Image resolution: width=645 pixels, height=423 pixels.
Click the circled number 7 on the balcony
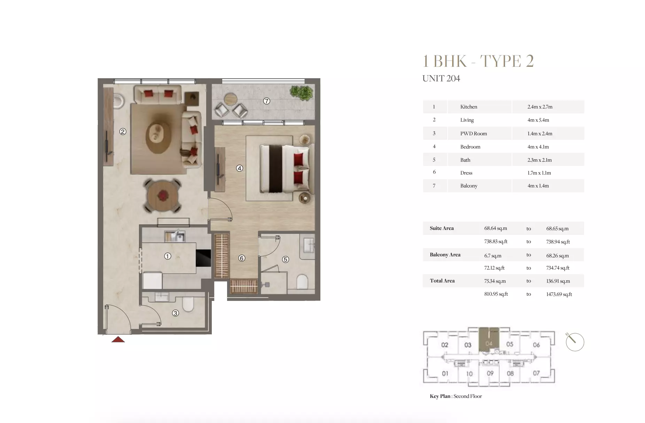point(266,101)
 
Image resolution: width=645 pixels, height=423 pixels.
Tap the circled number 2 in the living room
point(123,131)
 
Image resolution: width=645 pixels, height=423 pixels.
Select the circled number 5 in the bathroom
point(285,259)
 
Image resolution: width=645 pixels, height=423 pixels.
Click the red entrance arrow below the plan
point(118,340)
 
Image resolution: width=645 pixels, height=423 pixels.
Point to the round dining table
point(163,196)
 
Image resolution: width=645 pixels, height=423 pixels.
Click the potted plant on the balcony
point(301,93)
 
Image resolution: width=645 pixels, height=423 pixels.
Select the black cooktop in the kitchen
point(203,258)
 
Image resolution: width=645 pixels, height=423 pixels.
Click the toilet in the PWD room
point(188,304)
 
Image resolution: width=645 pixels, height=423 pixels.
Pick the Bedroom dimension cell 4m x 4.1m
point(538,147)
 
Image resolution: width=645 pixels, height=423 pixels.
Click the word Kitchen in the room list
point(468,107)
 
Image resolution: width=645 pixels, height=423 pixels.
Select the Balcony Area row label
point(445,255)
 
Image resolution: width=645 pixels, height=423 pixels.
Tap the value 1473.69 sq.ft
point(559,294)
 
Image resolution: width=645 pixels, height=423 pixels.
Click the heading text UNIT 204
point(441,79)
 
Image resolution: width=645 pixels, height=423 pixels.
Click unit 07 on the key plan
point(536,373)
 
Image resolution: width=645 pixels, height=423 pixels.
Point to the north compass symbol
point(574,342)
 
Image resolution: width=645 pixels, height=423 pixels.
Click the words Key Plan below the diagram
point(440,396)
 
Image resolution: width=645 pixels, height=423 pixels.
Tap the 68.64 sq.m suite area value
point(495,229)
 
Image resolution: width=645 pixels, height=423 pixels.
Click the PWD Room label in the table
point(473,134)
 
